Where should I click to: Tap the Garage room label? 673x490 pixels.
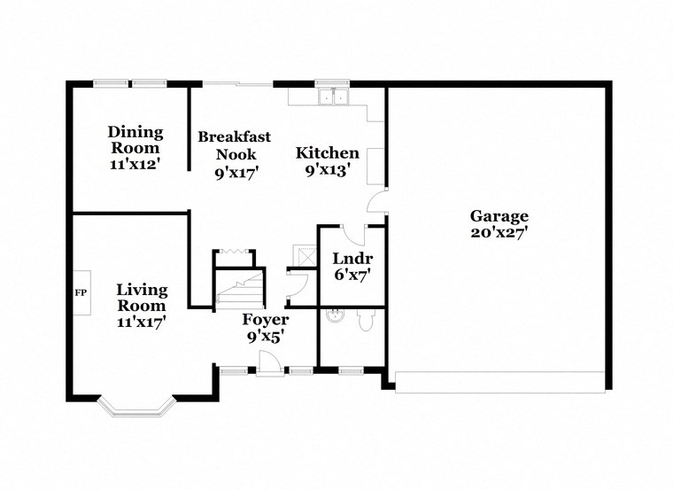click(x=499, y=215)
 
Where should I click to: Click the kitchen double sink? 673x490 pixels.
click(x=333, y=95)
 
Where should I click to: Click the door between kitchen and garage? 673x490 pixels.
click(x=378, y=202)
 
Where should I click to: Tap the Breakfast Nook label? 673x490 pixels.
click(x=234, y=144)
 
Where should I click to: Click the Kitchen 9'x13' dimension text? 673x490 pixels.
click(x=327, y=170)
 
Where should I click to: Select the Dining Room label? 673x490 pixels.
click(x=135, y=139)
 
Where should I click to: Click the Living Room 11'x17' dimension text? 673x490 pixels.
click(x=141, y=322)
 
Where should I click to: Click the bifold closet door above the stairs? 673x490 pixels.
click(x=233, y=253)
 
